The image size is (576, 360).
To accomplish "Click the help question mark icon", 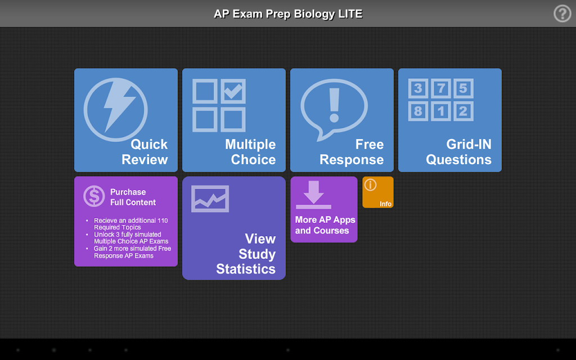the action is (x=562, y=14).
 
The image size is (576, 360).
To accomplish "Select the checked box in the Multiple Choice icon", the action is (x=233, y=91).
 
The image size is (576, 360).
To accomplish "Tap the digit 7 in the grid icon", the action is (x=441, y=88).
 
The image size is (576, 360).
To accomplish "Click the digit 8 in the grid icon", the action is (x=418, y=111).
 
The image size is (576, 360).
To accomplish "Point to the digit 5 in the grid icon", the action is (x=463, y=88).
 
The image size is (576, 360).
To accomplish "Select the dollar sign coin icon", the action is (x=94, y=196).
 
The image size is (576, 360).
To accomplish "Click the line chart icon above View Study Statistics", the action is (x=210, y=199).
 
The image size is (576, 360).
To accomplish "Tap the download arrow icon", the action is (x=313, y=195).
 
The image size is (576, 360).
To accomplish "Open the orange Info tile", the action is (x=378, y=192).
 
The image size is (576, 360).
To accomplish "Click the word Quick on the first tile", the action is (x=149, y=145).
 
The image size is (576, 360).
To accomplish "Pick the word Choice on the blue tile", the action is (x=253, y=160).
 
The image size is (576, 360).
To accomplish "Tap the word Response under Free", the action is (x=352, y=160).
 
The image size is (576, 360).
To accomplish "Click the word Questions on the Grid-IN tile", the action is (x=459, y=160).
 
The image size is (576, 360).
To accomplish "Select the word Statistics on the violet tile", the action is (x=246, y=269).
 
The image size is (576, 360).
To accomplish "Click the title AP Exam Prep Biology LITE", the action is (x=288, y=14).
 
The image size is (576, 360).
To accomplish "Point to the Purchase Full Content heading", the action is (x=133, y=197).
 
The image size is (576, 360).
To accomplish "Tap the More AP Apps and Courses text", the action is (x=325, y=225).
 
